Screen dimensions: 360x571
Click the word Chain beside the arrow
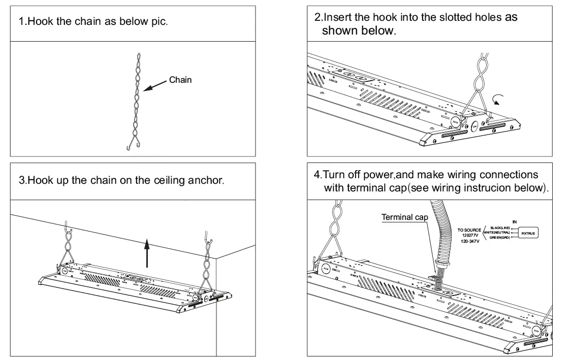[180, 80]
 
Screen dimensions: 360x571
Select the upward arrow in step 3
[147, 253]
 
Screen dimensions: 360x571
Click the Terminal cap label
[404, 217]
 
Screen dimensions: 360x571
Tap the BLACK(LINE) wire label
[499, 227]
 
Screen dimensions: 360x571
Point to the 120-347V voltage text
[471, 242]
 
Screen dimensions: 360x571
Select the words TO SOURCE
[469, 230]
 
